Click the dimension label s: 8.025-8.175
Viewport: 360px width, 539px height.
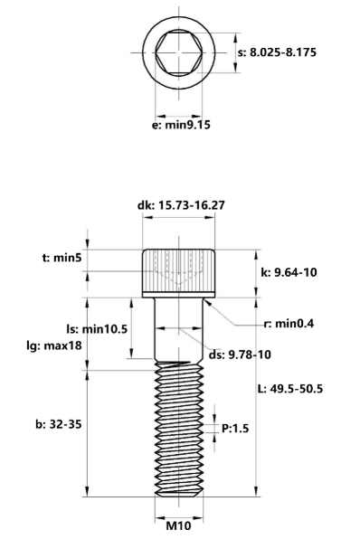277,52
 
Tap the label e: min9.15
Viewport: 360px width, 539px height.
181,125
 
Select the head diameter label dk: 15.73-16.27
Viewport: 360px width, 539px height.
181,205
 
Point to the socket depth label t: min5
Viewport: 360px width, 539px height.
62,258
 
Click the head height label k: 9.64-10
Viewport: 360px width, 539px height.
289,272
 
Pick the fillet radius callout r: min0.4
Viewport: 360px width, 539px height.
289,324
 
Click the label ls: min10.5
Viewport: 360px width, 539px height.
97,329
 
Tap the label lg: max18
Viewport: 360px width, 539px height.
54,345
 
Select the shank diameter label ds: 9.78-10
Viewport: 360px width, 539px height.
240,355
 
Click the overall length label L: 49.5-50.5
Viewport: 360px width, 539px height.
290,389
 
